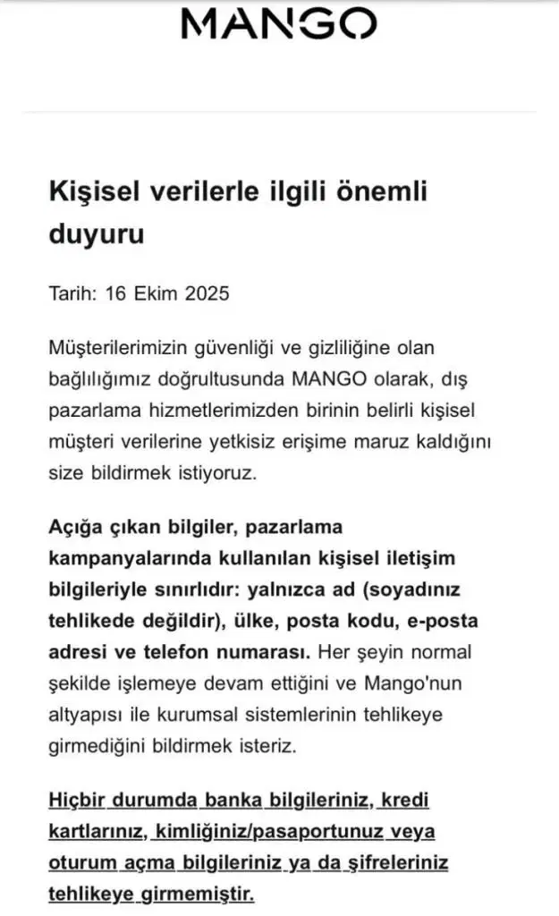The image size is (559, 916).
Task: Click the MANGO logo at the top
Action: pos(279,24)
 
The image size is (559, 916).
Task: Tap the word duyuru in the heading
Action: pos(96,235)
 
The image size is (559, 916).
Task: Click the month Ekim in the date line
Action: pos(155,293)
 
